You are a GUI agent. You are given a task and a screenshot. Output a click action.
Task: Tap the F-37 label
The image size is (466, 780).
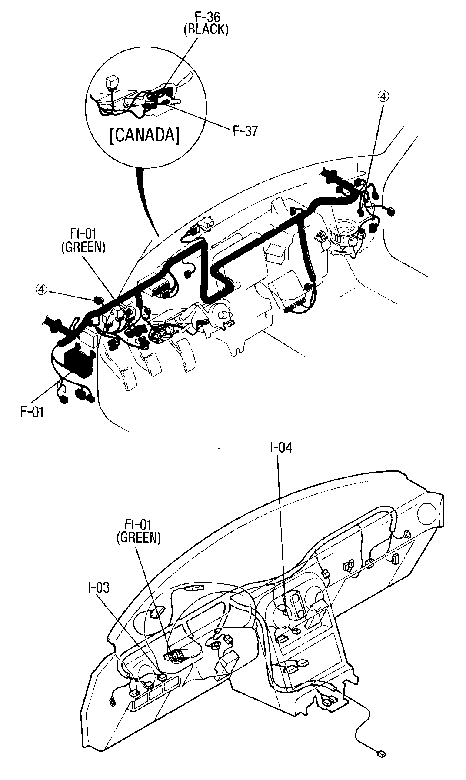click(x=245, y=131)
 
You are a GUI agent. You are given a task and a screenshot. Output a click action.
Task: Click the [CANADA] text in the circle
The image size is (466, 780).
click(x=144, y=136)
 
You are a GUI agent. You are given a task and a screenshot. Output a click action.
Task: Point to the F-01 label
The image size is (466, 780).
click(x=32, y=411)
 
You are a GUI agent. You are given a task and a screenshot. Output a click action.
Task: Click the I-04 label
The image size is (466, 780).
click(x=280, y=447)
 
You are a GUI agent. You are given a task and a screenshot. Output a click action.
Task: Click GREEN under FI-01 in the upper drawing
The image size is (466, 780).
click(x=83, y=247)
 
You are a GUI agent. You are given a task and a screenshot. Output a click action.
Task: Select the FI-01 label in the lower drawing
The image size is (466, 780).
click(x=138, y=525)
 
